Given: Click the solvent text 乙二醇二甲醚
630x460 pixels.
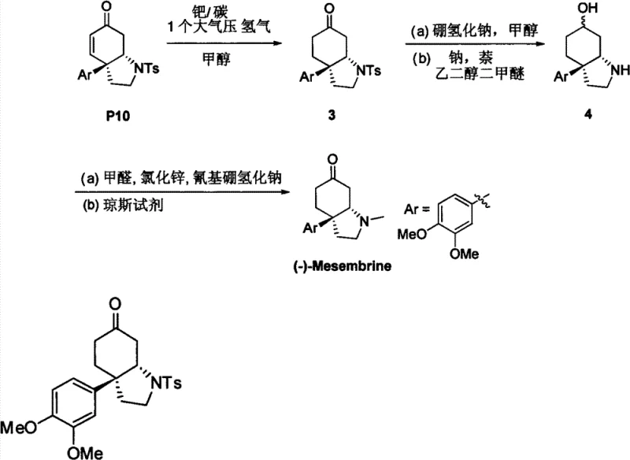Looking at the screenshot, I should [472, 76].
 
